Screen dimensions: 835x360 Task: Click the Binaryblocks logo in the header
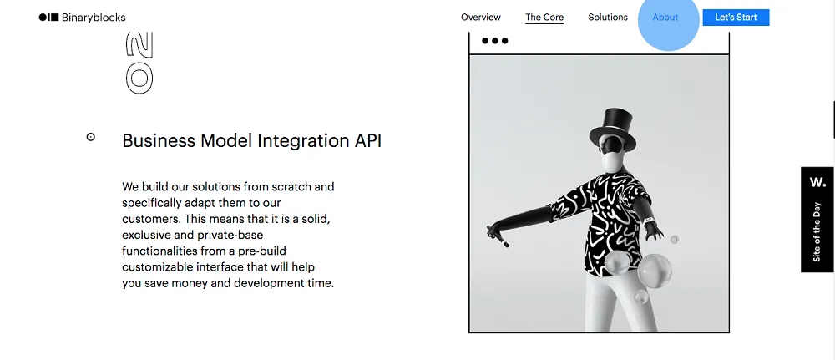[x=82, y=18]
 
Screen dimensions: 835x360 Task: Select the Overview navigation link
[x=481, y=17]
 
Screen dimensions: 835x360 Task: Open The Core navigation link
[x=544, y=17]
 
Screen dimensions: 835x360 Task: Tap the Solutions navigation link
[x=608, y=17]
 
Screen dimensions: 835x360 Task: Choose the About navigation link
[x=665, y=17]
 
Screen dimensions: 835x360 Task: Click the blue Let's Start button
[x=736, y=17]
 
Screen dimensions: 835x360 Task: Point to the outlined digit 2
[x=139, y=45]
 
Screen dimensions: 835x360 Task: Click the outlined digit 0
[x=139, y=79]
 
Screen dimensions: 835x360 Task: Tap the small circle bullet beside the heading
[x=90, y=137]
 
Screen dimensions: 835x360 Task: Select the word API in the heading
[x=368, y=140]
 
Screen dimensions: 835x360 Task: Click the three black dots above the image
[x=494, y=40]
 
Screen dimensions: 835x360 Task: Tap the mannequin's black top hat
[x=612, y=130]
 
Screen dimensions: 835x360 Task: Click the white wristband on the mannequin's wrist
[x=648, y=221]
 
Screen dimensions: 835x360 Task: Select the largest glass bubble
[x=655, y=271]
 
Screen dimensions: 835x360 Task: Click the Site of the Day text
[x=817, y=232]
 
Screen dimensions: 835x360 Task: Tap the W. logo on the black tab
[x=818, y=182]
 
